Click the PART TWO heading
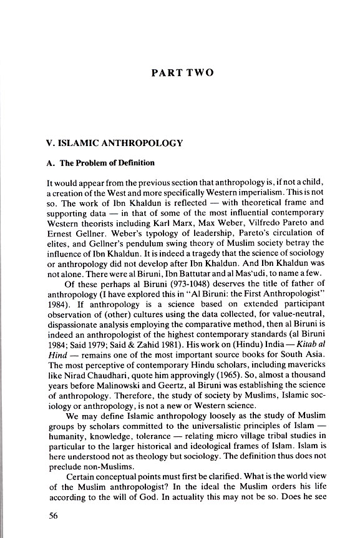[182, 73]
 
